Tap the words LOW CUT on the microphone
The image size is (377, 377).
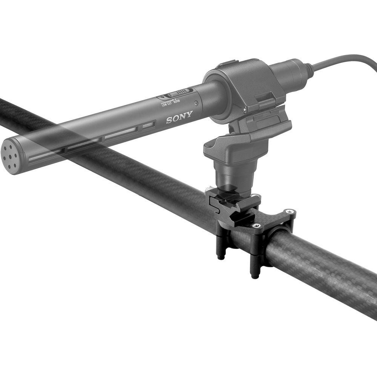point(166,104)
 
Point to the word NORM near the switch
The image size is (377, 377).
point(176,101)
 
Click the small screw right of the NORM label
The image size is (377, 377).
point(196,103)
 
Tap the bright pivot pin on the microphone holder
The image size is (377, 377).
point(245,110)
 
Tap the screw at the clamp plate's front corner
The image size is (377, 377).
point(257,225)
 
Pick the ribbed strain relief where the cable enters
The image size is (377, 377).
point(308,69)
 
